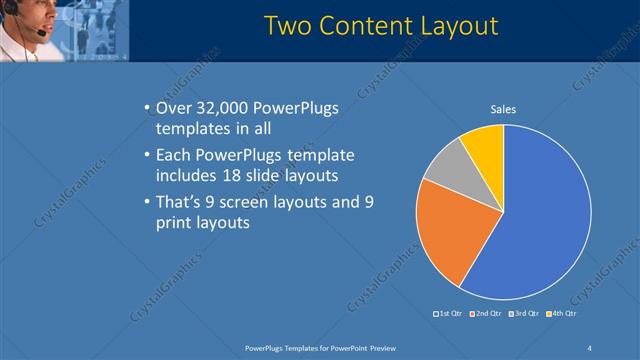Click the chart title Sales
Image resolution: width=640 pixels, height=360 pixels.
click(503, 110)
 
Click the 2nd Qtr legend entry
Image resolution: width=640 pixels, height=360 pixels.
click(485, 313)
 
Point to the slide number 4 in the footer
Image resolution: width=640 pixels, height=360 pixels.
click(589, 347)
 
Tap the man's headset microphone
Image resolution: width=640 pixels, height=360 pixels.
click(39, 32)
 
